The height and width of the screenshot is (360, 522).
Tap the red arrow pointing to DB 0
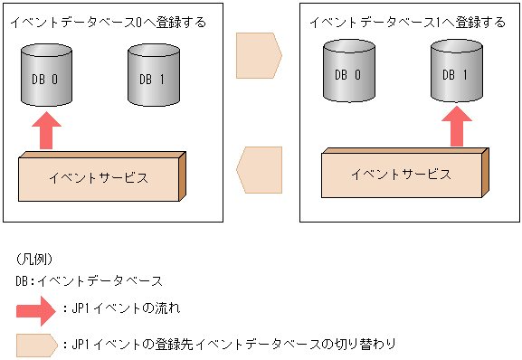[49, 130]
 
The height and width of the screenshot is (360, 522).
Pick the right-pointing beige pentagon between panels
[259, 55]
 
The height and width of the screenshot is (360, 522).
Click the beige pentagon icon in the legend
[37, 345]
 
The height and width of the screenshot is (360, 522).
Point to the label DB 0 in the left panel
[43, 80]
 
